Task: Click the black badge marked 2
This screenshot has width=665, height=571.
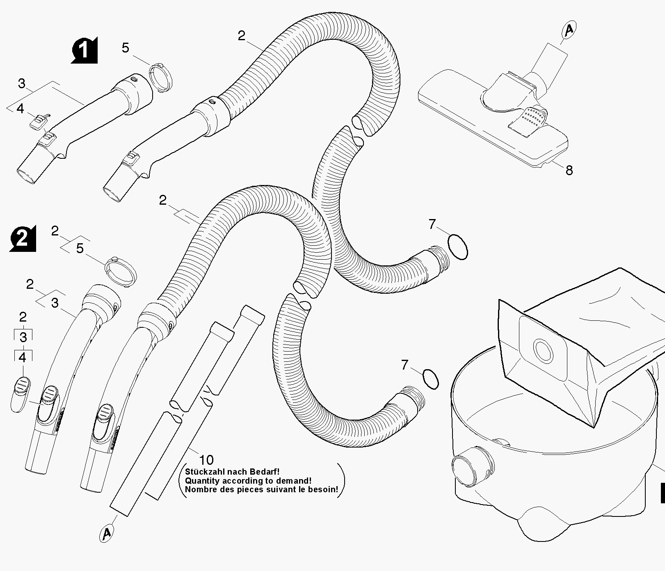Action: [x=23, y=238]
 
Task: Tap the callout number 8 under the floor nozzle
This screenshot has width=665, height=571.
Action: [x=569, y=170]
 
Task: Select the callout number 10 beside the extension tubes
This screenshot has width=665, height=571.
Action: [x=206, y=460]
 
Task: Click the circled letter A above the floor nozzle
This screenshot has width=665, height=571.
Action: [x=569, y=30]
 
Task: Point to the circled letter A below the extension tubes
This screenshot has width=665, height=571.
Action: [x=107, y=533]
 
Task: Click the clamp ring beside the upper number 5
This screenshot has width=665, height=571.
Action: [x=160, y=76]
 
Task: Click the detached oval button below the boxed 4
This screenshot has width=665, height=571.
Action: [x=19, y=394]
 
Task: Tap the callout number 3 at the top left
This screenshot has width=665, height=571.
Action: [x=22, y=84]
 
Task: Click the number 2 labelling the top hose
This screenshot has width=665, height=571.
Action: [x=241, y=36]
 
